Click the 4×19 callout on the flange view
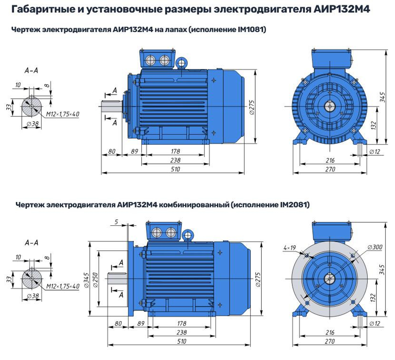click(x=290, y=248)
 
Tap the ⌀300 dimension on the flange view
click(x=374, y=247)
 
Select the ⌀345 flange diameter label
click(x=87, y=279)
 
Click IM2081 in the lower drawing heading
click(x=294, y=205)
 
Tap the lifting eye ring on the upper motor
click(x=182, y=62)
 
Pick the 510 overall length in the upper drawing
click(x=175, y=169)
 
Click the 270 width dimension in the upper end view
click(x=330, y=169)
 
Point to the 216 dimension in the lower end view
click(x=330, y=332)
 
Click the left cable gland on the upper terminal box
click(x=151, y=60)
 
